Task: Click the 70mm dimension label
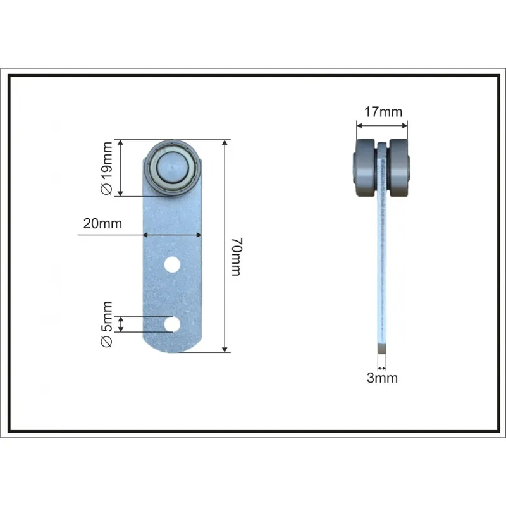click(237, 257)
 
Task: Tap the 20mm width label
click(102, 223)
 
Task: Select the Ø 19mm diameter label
click(107, 168)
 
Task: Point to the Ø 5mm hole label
click(107, 324)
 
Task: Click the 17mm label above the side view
click(383, 112)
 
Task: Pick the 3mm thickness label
click(382, 378)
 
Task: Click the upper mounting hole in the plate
click(172, 264)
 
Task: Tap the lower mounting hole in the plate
click(172, 324)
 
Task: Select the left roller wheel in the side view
click(365, 168)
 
